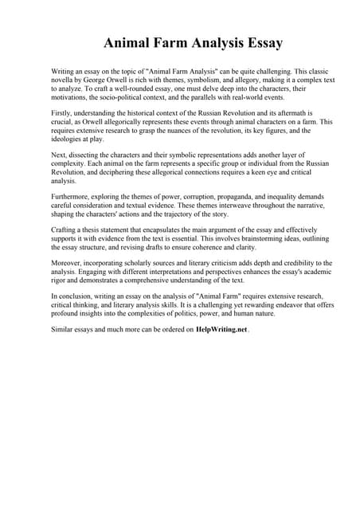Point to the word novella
[x=65, y=80]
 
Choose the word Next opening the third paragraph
[x=59, y=154]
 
